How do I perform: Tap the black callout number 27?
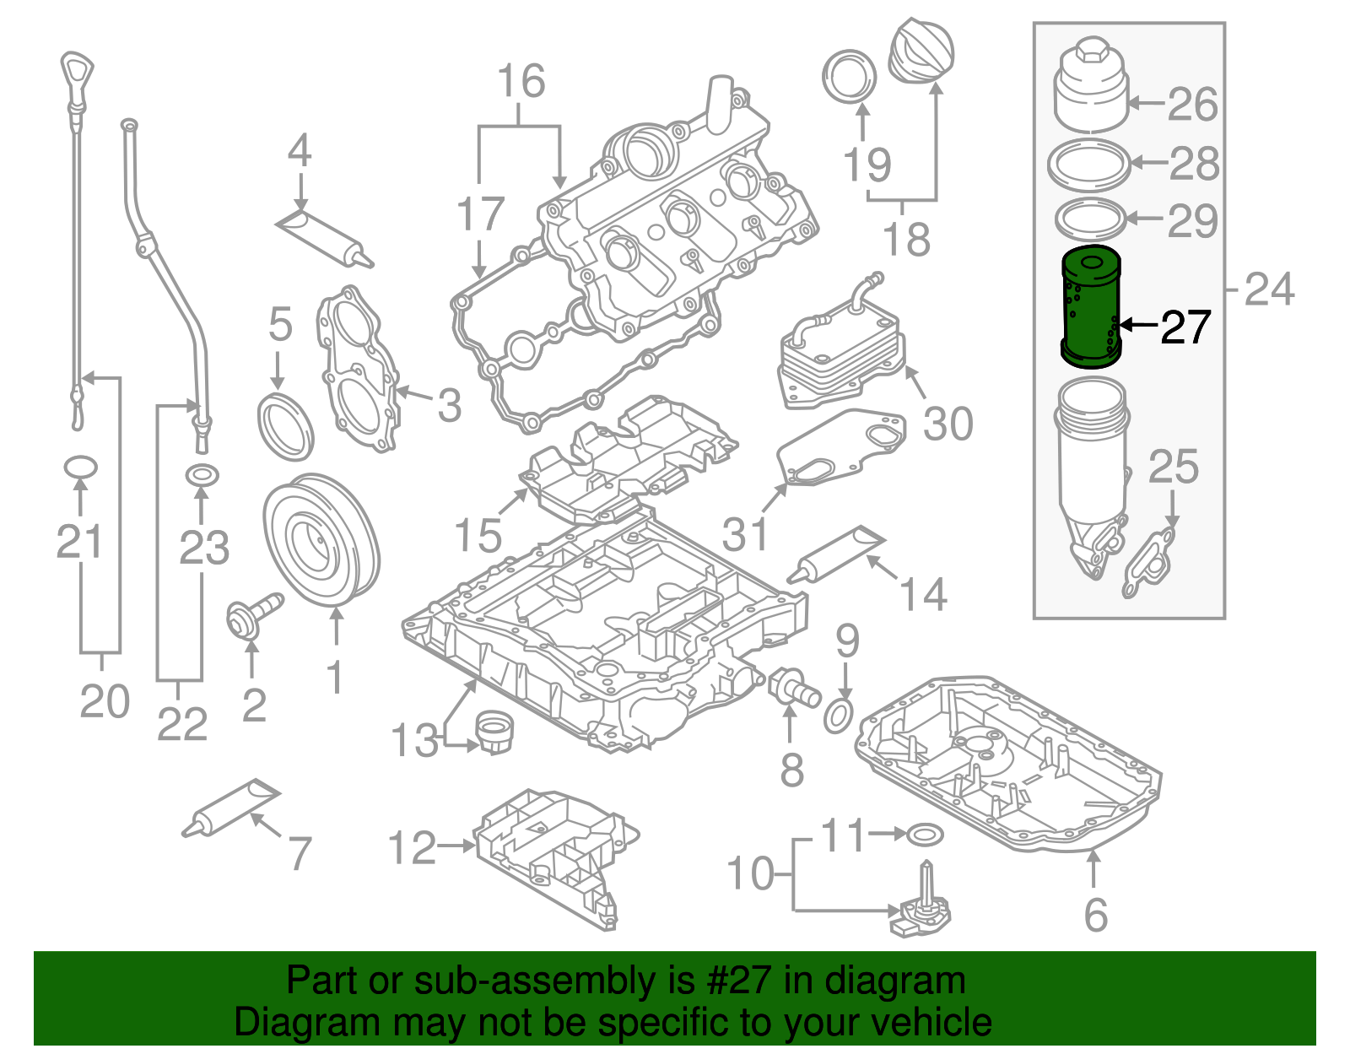point(1185,327)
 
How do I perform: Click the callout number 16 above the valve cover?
point(521,82)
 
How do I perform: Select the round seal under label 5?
point(285,426)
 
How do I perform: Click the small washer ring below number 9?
point(839,716)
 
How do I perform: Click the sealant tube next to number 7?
point(231,808)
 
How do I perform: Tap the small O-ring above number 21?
point(80,467)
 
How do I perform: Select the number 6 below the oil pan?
point(1094,914)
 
